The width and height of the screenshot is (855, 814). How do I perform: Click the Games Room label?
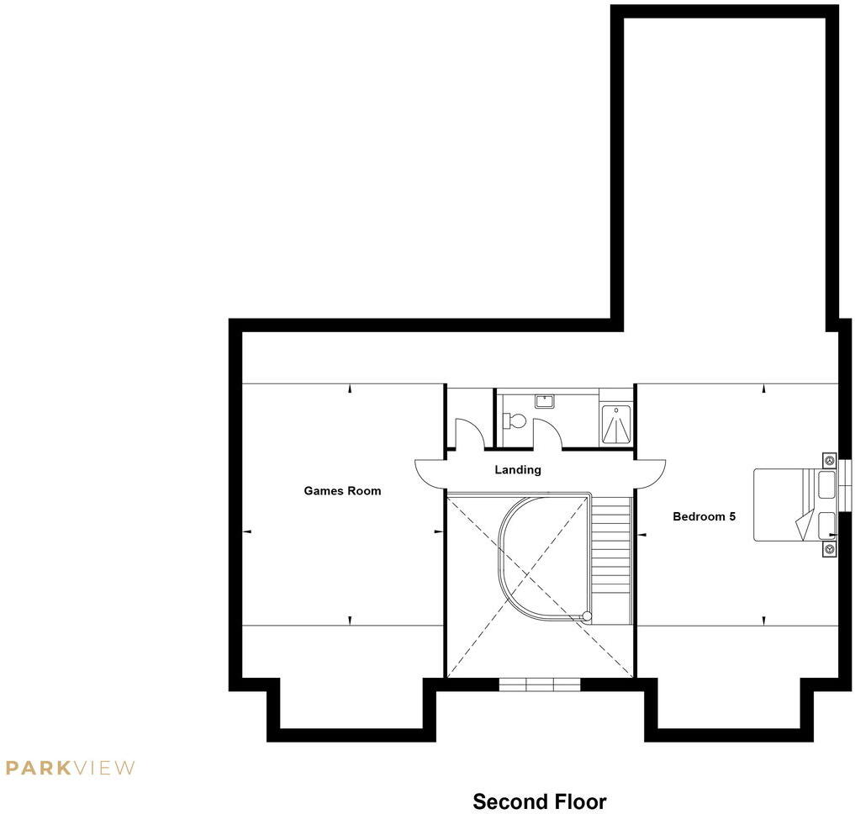point(342,491)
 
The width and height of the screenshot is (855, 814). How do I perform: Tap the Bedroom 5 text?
point(704,516)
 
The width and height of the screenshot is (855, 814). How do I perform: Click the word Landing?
point(517,470)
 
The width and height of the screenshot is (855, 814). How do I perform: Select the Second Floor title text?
point(539,801)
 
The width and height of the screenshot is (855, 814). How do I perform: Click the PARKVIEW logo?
point(70,767)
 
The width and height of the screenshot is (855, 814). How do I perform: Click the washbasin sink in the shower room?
point(544,401)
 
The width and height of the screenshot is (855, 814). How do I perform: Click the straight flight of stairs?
point(611,559)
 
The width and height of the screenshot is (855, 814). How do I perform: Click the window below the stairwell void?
point(540,684)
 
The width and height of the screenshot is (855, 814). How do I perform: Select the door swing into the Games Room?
point(429,473)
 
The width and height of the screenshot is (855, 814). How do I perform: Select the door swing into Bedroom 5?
point(650,473)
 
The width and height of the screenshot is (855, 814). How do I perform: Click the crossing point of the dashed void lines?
point(540,584)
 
